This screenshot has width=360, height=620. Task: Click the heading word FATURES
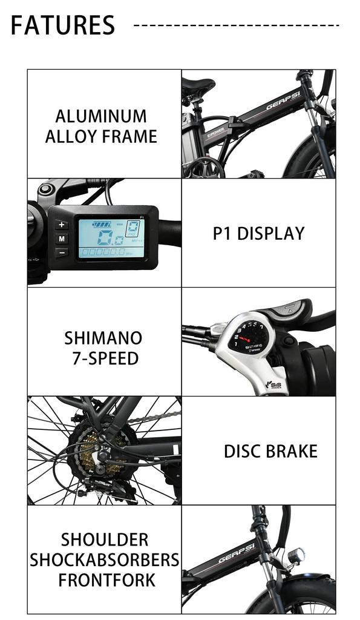tap(63, 25)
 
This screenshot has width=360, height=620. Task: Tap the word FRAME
tap(129, 136)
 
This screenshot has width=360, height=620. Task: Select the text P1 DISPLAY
tap(258, 234)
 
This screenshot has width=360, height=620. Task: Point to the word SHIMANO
tap(103, 338)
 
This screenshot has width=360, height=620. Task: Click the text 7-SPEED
tap(105, 358)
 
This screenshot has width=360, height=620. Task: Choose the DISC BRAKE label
tap(270, 452)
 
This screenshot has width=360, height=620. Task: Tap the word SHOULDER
tap(105, 539)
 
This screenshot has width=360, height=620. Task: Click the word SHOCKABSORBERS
tap(105, 559)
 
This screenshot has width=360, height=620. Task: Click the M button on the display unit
tap(61, 239)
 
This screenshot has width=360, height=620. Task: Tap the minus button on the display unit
tap(61, 252)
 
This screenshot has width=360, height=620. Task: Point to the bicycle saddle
tap(198, 87)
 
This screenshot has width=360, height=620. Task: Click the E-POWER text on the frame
tap(216, 133)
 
